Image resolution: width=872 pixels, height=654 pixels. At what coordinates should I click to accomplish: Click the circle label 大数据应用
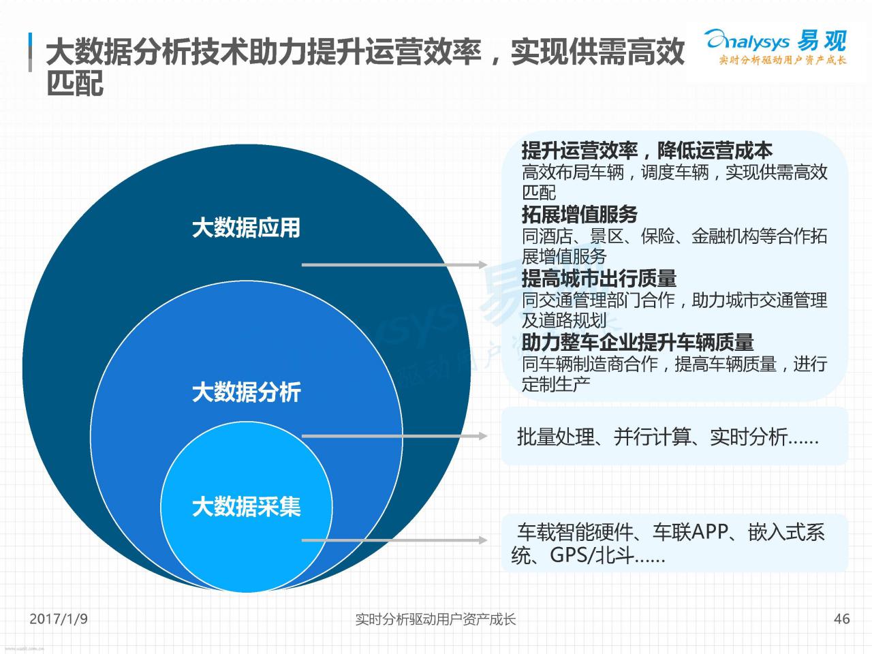(x=246, y=228)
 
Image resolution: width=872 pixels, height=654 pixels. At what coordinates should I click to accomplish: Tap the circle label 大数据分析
(x=247, y=392)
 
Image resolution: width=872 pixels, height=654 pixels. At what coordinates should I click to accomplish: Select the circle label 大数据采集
(x=247, y=507)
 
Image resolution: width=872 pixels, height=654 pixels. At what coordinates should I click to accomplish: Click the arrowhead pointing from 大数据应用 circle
(x=482, y=264)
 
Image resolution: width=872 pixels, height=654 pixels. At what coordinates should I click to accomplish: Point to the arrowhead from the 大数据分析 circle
(x=482, y=436)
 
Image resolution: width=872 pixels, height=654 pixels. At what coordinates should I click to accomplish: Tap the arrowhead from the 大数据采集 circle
(x=482, y=540)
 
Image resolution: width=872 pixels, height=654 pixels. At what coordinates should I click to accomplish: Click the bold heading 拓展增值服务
(x=580, y=215)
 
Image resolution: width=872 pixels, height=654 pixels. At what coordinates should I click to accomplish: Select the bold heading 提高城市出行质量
(x=599, y=278)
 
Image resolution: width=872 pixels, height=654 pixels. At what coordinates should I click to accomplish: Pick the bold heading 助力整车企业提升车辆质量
(x=638, y=342)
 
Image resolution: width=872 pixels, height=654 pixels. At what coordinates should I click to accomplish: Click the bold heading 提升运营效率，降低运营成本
(x=647, y=150)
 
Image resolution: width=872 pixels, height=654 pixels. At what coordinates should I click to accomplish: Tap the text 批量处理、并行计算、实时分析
(x=652, y=437)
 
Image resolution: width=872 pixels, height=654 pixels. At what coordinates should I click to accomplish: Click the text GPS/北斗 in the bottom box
(x=591, y=555)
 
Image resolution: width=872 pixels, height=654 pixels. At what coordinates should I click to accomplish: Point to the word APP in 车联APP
(x=709, y=531)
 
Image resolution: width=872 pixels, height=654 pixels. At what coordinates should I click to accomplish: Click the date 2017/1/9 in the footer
(x=59, y=619)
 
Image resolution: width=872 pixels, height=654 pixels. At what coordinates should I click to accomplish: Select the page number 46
(x=842, y=619)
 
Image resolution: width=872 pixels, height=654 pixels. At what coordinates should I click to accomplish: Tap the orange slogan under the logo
(x=783, y=60)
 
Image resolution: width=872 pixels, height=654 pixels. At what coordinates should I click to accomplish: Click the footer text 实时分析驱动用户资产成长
(x=435, y=619)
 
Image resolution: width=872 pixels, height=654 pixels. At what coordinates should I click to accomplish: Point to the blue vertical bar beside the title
(x=30, y=52)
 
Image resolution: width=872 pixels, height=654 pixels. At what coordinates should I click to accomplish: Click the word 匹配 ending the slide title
(x=75, y=83)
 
